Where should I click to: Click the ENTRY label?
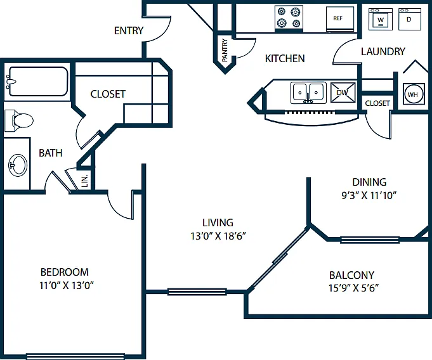[129, 30]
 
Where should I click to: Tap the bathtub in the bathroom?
[37, 82]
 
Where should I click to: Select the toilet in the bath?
[18, 120]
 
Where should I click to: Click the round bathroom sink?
[18, 165]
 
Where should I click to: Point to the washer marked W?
[381, 19]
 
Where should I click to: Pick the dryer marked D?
[409, 19]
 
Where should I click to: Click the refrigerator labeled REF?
[340, 19]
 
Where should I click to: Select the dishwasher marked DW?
[343, 93]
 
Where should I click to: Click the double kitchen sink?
[308, 93]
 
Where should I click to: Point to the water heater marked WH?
[412, 94]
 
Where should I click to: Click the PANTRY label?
[225, 50]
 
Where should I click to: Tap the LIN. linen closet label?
[85, 181]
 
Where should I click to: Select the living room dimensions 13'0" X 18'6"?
[218, 236]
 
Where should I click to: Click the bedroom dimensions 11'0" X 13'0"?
[67, 285]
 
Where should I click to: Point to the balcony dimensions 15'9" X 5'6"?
[353, 288]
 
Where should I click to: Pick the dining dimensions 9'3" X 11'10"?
[369, 195]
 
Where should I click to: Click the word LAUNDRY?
[383, 51]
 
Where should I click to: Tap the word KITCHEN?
[285, 58]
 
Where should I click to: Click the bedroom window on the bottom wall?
[75, 357]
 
